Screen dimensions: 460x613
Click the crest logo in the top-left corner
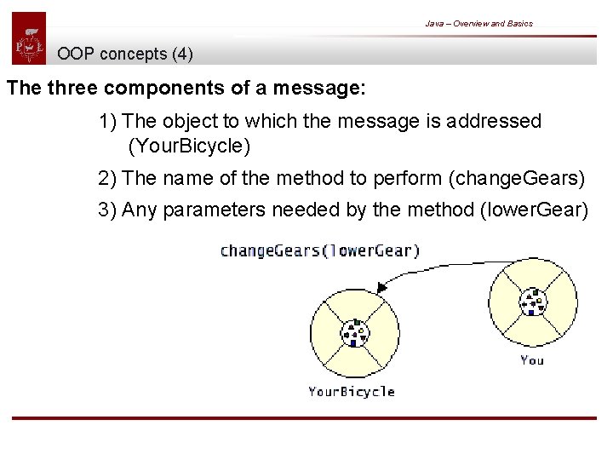click(29, 38)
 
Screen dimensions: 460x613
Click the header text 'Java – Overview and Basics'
click(478, 23)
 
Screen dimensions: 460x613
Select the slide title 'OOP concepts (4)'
click(125, 55)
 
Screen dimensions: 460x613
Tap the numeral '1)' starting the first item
click(108, 121)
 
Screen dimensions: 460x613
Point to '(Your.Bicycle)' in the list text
click(189, 147)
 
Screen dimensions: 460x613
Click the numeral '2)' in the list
click(108, 178)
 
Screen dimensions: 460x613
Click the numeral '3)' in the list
click(108, 210)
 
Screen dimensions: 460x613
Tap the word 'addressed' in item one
click(498, 121)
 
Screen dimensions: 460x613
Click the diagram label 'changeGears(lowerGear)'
click(319, 250)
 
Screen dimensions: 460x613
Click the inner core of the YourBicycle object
click(353, 334)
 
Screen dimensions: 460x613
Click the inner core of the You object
click(532, 302)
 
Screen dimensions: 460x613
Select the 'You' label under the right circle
click(532, 360)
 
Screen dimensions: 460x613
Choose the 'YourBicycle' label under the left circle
click(351, 392)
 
